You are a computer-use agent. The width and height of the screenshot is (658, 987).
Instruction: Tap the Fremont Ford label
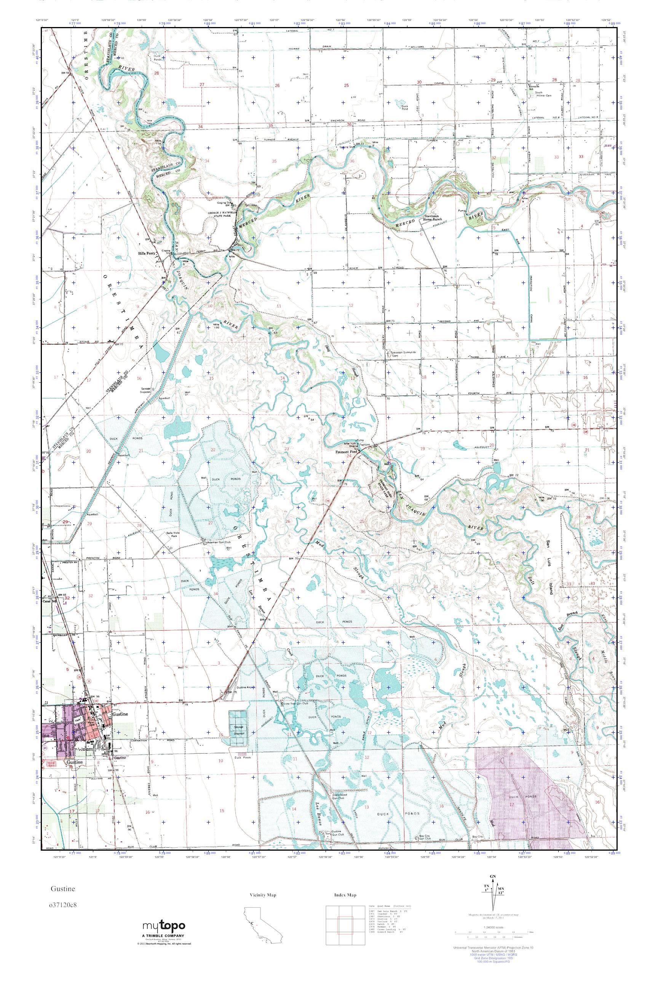(345, 452)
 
